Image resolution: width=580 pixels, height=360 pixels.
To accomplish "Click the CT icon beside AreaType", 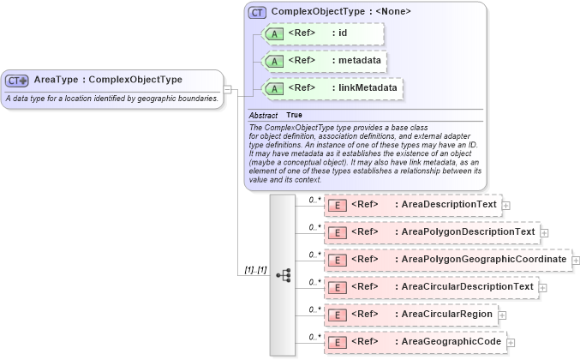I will click(x=17, y=81).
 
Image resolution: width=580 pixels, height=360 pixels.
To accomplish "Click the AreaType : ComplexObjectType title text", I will click(x=108, y=80).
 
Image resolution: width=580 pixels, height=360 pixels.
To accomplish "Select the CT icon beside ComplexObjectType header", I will click(x=257, y=12).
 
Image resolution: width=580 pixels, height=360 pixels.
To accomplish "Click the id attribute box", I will click(x=323, y=33).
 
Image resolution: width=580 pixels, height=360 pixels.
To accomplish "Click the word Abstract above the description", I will click(x=263, y=115).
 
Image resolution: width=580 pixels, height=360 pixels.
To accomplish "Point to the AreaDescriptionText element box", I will click(x=412, y=205).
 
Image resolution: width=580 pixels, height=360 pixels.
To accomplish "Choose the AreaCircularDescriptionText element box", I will click(x=431, y=286).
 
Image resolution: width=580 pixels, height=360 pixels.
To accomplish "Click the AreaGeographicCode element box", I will click(x=415, y=341).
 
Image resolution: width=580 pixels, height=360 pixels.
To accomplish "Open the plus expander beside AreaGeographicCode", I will click(x=511, y=342).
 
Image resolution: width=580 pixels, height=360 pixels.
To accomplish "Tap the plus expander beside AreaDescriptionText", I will click(x=506, y=206).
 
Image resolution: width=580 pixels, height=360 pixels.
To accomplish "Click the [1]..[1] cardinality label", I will click(x=254, y=270).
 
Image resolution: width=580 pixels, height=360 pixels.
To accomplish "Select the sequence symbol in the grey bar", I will click(x=283, y=275).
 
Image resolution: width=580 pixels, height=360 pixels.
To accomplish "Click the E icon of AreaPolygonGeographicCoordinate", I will click(x=338, y=260).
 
